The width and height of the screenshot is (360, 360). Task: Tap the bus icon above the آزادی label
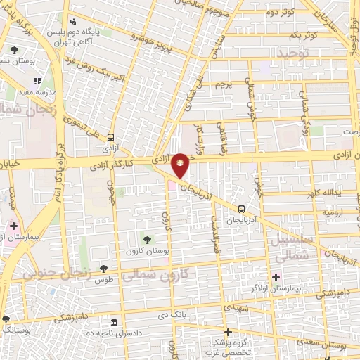tap(111, 138)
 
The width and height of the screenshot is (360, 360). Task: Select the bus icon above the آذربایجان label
tap(242, 209)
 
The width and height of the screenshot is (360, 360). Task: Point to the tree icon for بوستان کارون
tap(146, 242)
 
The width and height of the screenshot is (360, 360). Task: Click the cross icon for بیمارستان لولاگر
tap(276, 277)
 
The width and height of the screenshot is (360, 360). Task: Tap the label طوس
tap(104, 280)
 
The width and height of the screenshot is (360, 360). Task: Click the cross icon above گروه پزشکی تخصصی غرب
tap(227, 332)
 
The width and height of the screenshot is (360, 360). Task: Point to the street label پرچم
tap(222, 84)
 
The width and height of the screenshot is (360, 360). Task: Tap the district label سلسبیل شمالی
tap(290, 250)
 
